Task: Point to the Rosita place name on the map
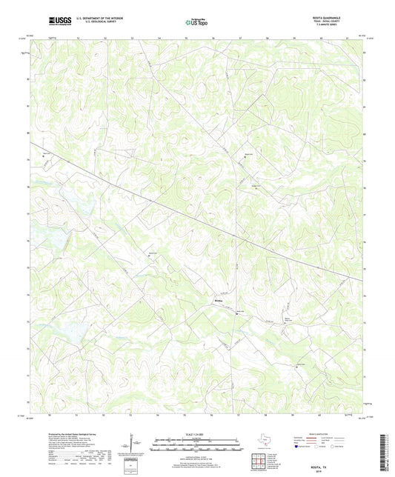pos(218,301)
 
